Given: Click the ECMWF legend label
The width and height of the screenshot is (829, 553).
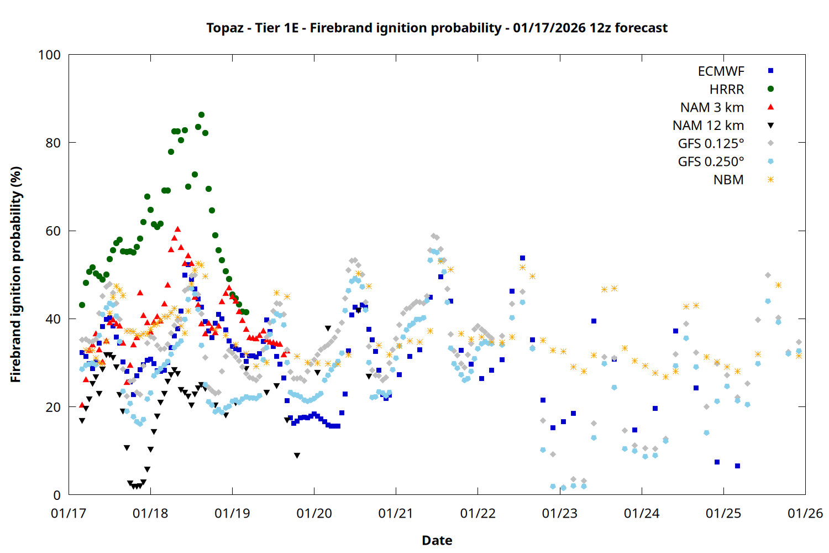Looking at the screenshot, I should pyautogui.click(x=721, y=71).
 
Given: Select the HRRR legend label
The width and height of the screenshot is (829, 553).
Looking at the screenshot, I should pyautogui.click(x=727, y=90).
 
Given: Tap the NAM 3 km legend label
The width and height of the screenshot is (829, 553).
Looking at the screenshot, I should pyautogui.click(x=712, y=108).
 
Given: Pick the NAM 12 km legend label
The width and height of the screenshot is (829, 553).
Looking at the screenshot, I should pyautogui.click(x=708, y=126).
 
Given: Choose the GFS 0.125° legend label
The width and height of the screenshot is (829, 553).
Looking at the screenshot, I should pyautogui.click(x=711, y=144).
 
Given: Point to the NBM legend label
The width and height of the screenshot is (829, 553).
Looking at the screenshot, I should pyautogui.click(x=728, y=180).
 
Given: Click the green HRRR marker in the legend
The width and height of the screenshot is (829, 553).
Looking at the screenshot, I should pyautogui.click(x=770, y=89).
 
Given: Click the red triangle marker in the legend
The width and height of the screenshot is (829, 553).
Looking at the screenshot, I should pyautogui.click(x=770, y=107).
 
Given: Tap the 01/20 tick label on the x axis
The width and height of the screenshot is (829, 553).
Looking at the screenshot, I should pyautogui.click(x=314, y=514).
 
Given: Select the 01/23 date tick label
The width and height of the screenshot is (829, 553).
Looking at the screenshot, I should pyautogui.click(x=559, y=514).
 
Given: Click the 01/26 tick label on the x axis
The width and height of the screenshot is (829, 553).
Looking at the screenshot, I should pyautogui.click(x=805, y=514).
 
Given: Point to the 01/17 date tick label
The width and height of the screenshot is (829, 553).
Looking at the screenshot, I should pyautogui.click(x=69, y=514).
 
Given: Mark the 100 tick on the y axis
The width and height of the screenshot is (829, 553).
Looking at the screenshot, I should pyautogui.click(x=49, y=55).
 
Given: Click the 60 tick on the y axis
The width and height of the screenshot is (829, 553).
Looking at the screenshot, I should pyautogui.click(x=53, y=231).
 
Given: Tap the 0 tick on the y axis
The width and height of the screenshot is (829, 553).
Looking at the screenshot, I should pyautogui.click(x=57, y=495).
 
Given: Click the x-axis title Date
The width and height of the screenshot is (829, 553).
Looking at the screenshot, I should pyautogui.click(x=437, y=541).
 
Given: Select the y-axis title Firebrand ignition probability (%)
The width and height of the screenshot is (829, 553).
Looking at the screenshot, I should pyautogui.click(x=16, y=274).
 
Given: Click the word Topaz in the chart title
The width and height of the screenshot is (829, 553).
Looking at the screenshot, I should pyautogui.click(x=224, y=28).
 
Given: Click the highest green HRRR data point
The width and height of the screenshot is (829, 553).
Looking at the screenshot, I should pyautogui.click(x=201, y=115).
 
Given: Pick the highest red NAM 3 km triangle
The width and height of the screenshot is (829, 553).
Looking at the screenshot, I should pyautogui.click(x=177, y=229).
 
